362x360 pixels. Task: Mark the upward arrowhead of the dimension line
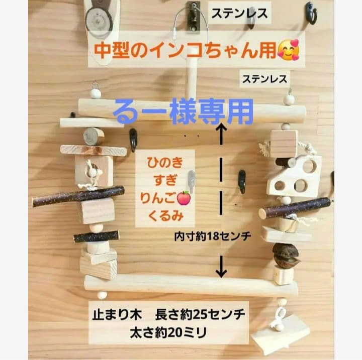point(220,129)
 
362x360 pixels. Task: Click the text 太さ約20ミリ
point(169,332)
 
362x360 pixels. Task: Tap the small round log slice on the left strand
point(93,136)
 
